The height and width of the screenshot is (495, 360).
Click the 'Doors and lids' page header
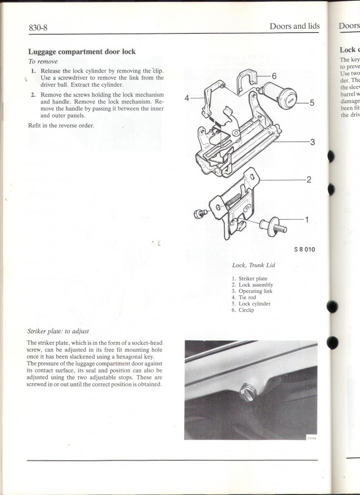(x=294, y=26)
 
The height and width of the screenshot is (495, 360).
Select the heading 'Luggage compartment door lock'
(x=82, y=52)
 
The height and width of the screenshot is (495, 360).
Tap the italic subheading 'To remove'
(x=43, y=61)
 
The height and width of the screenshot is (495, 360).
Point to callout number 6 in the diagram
(x=274, y=76)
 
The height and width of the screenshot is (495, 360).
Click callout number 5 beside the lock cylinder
(x=312, y=103)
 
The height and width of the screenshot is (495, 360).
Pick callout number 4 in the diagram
(x=187, y=98)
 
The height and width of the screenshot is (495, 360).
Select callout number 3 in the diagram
(x=313, y=142)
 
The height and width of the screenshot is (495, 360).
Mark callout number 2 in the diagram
(x=308, y=180)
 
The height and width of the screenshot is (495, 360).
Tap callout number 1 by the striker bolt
(x=306, y=219)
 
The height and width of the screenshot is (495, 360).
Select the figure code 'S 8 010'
(x=305, y=250)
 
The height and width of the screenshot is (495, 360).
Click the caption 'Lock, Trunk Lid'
(x=253, y=265)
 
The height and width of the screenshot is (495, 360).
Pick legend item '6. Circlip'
(x=243, y=310)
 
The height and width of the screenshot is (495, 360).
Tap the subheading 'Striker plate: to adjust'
(x=58, y=331)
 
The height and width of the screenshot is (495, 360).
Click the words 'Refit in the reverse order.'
(x=61, y=125)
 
